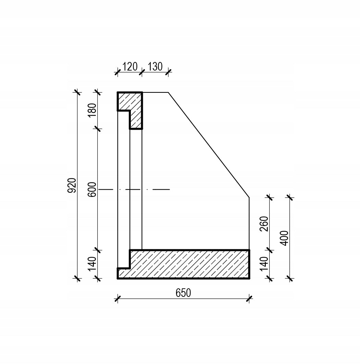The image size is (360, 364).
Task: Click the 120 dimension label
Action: [x=130, y=67]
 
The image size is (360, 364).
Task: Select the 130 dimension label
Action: [x=155, y=67]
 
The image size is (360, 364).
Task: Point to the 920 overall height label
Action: [x=72, y=185]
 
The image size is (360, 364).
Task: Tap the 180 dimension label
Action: [x=92, y=110]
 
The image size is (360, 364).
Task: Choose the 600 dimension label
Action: [x=92, y=189]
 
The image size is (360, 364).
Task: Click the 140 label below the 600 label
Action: [x=92, y=264]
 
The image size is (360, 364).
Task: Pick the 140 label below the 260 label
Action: [x=264, y=264]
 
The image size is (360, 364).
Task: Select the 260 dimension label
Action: [x=264, y=224]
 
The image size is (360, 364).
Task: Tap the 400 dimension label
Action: [x=284, y=238]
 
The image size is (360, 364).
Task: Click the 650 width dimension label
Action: [x=183, y=293]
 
